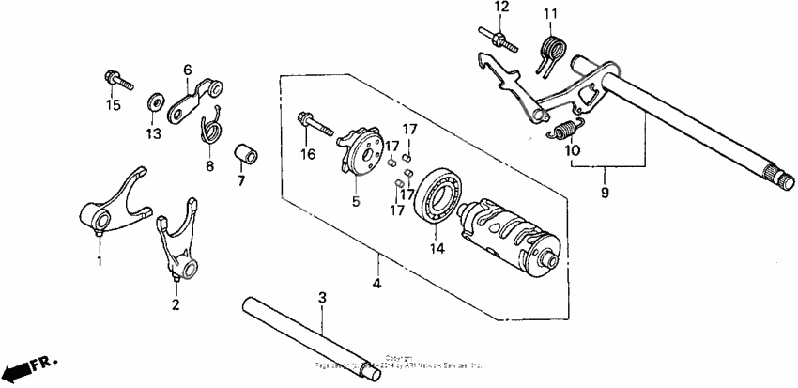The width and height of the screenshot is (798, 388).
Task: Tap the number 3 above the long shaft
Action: [322, 298]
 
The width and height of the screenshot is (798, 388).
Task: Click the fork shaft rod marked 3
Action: [310, 337]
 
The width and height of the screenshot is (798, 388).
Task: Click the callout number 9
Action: [606, 193]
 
